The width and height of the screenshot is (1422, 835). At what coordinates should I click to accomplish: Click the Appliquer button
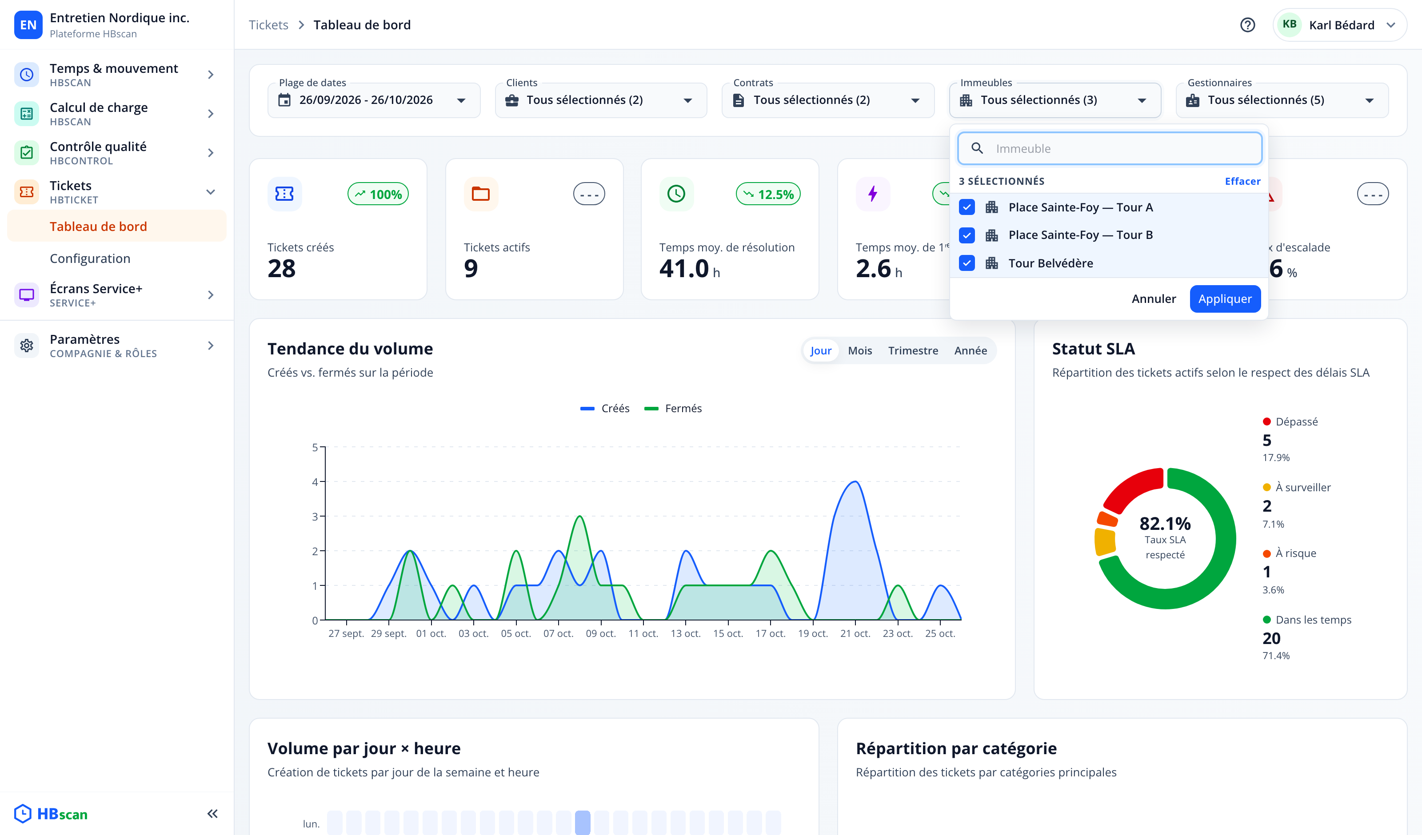tap(1225, 298)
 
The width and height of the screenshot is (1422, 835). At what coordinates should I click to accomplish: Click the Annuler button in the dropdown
tap(1154, 298)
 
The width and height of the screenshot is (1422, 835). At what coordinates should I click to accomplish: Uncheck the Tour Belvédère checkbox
tap(967, 263)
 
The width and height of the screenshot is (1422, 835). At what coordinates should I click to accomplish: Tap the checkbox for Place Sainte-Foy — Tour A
tap(967, 207)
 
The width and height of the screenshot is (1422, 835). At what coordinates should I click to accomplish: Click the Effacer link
tap(1242, 181)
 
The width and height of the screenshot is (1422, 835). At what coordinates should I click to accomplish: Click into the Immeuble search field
tap(1110, 148)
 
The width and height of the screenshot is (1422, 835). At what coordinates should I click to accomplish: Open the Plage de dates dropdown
tap(374, 100)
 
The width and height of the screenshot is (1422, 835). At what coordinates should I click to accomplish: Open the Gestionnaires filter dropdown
tap(1282, 100)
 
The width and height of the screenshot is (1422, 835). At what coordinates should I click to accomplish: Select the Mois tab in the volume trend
tap(859, 350)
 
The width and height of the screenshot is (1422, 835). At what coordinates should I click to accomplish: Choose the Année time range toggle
tap(970, 350)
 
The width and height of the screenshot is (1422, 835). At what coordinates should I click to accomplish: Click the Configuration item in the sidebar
tap(90, 258)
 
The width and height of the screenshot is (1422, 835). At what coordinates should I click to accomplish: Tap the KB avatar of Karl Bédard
tap(1289, 24)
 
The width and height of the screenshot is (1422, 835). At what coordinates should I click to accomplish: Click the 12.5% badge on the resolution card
tap(768, 194)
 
